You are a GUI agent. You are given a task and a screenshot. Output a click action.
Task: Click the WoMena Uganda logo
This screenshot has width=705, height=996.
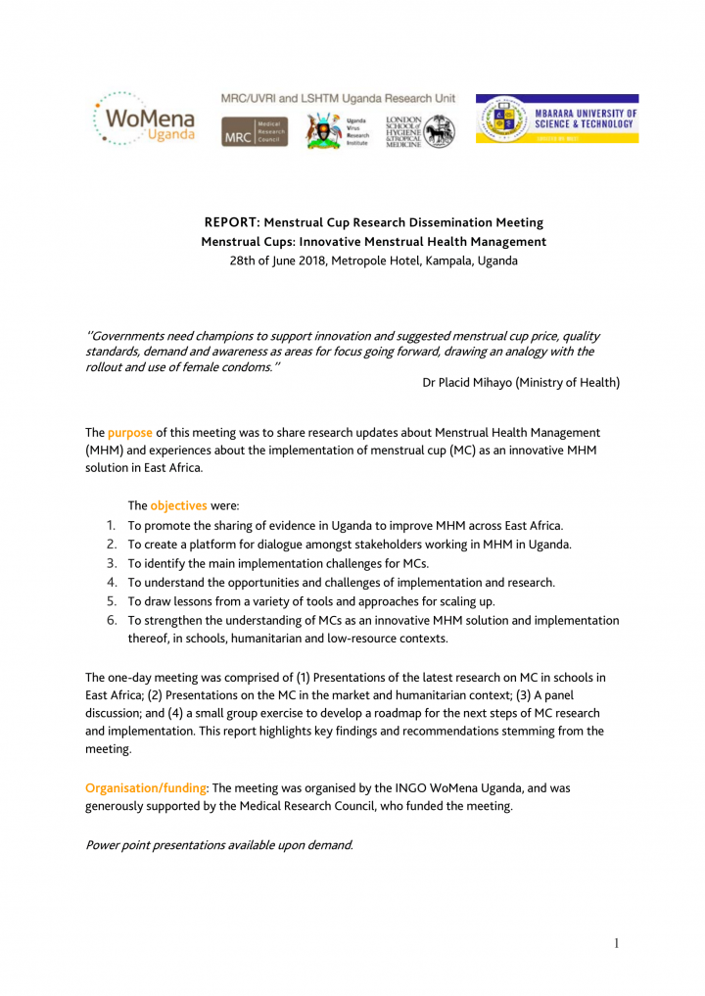pos(144,119)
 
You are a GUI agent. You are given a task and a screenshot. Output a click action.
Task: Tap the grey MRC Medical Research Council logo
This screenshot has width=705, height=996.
pos(254,131)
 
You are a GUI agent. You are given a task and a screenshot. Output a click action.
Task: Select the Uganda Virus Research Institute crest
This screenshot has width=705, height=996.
pos(324,130)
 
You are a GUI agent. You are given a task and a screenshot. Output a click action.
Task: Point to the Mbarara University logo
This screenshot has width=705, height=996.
pos(556,119)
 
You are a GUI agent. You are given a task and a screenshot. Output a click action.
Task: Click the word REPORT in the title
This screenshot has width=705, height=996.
pos(231,222)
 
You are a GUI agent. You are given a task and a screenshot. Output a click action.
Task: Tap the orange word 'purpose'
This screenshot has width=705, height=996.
pos(130,432)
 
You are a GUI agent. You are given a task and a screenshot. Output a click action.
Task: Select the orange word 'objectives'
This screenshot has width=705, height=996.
pos(178,506)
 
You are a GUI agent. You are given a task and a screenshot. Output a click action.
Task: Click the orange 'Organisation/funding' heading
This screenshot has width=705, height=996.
pos(147,787)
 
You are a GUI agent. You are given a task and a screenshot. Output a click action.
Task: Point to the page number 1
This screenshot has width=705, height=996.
pos(616,943)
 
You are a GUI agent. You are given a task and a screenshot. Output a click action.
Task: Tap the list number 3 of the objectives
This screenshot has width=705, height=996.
pos(111,563)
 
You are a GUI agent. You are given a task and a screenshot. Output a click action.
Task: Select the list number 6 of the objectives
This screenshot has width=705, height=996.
pos(111,620)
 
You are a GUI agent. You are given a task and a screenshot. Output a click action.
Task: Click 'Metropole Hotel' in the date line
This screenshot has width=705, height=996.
pos(379,261)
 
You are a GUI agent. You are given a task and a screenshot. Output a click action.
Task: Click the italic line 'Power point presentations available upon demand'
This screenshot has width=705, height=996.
pos(219,844)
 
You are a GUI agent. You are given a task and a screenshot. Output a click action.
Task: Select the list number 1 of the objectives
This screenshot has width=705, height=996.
pos(111,526)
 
